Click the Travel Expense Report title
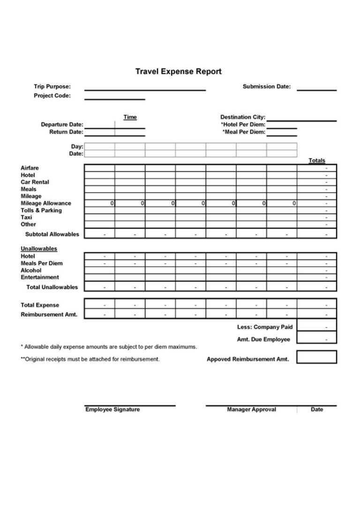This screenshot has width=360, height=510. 178,72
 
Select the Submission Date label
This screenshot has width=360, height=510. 266,86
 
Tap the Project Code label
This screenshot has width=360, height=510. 52,96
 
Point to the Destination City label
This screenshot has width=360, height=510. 243,117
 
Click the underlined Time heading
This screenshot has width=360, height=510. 130,117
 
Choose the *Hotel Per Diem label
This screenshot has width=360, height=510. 243,125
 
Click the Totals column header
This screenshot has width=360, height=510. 316,160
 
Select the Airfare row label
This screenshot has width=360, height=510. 30,168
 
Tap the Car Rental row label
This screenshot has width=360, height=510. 35,182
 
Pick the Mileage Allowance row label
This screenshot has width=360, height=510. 46,203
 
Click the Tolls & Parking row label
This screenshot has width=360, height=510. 41,210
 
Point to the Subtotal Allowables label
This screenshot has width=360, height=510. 52,234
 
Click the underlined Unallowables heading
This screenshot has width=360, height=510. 39,249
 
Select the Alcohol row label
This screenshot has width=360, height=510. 31,270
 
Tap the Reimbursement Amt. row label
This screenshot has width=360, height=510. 49,314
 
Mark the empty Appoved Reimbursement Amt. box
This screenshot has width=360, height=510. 316,357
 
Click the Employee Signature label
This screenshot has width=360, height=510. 112,410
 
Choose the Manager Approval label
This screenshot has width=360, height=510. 251,410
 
